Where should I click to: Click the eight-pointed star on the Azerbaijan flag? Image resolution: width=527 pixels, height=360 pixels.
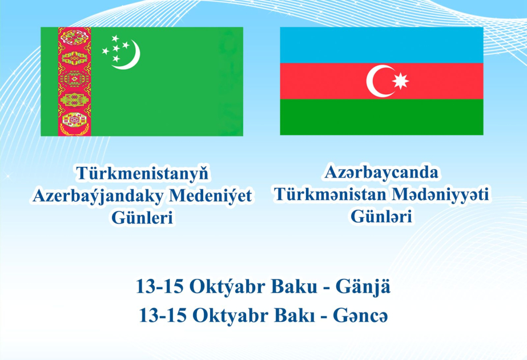click(x=401, y=81)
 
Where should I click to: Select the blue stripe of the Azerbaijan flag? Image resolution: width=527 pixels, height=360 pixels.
click(x=381, y=45)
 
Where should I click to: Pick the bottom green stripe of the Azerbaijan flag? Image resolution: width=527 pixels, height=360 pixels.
click(x=381, y=117)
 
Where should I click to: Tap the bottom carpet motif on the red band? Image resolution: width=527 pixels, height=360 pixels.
click(x=74, y=121)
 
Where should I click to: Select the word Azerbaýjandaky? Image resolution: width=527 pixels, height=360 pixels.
click(x=97, y=196)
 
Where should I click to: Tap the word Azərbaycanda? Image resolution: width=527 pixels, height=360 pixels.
click(x=382, y=173)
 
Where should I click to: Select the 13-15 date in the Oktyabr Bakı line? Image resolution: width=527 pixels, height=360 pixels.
click(x=161, y=315)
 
